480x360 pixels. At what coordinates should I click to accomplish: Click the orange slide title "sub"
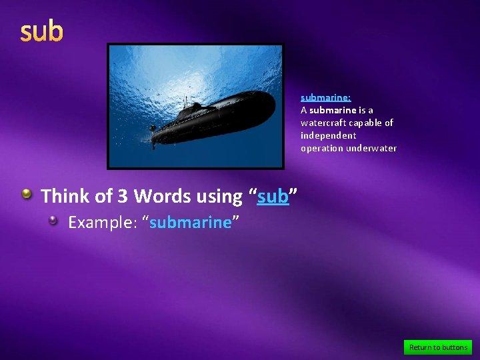click(41, 32)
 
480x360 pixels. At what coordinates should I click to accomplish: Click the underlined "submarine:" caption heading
click(325, 97)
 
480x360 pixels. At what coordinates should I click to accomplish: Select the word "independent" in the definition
click(328, 135)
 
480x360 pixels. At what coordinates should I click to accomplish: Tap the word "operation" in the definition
click(322, 148)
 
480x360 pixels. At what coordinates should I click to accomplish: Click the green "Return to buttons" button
click(438, 347)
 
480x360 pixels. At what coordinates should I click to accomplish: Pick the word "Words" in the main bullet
click(159, 196)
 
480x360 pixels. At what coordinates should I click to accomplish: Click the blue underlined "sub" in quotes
click(273, 197)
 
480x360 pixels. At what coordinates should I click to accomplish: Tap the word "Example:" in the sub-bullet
click(102, 222)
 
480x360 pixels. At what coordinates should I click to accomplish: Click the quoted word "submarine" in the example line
click(190, 222)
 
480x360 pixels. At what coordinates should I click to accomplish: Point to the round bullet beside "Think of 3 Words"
click(26, 194)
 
